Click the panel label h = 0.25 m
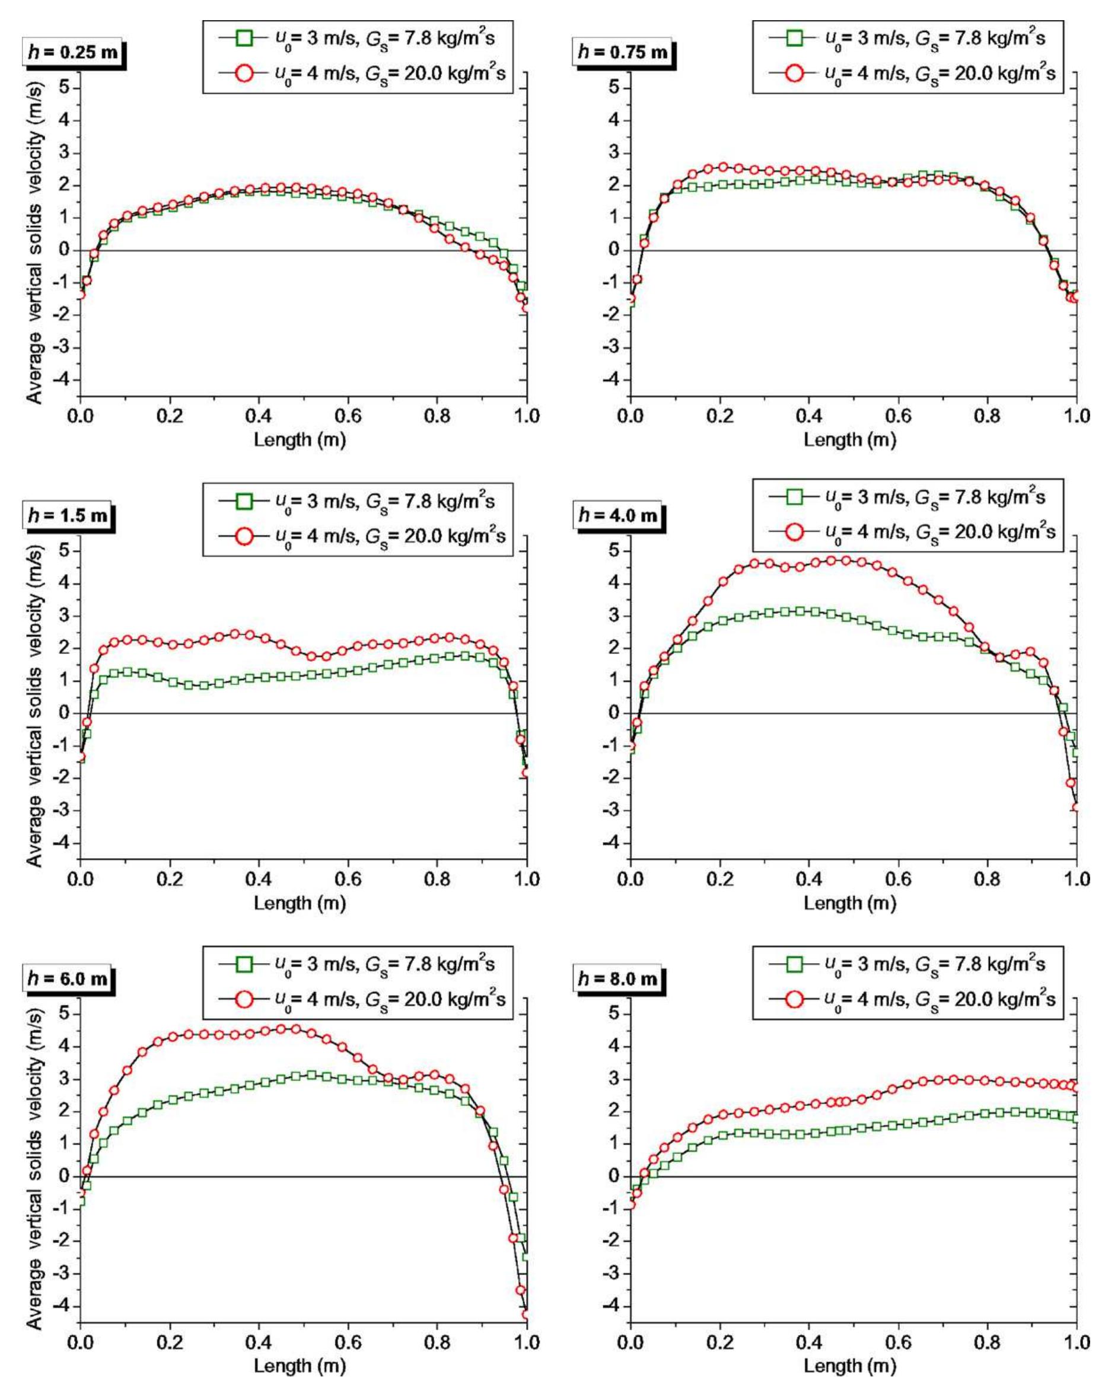pyautogui.click(x=72, y=52)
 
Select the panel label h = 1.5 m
pyautogui.click(x=68, y=515)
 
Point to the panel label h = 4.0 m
pyautogui.click(x=618, y=515)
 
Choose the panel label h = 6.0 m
pyautogui.click(x=68, y=978)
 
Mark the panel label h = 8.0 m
pyautogui.click(x=618, y=978)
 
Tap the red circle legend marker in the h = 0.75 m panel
pyautogui.click(x=794, y=74)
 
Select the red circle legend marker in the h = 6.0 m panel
pyautogui.click(x=244, y=999)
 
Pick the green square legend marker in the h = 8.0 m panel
pyautogui.click(x=794, y=964)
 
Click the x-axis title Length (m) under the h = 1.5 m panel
pyautogui.click(x=300, y=903)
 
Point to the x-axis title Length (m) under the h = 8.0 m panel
pyautogui.click(x=850, y=1366)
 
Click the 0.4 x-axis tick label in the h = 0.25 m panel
pyautogui.click(x=258, y=417)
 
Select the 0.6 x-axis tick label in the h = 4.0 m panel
pyautogui.click(x=898, y=879)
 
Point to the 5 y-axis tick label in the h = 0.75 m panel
pyautogui.click(x=614, y=88)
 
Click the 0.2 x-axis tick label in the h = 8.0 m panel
pyautogui.click(x=720, y=1342)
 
